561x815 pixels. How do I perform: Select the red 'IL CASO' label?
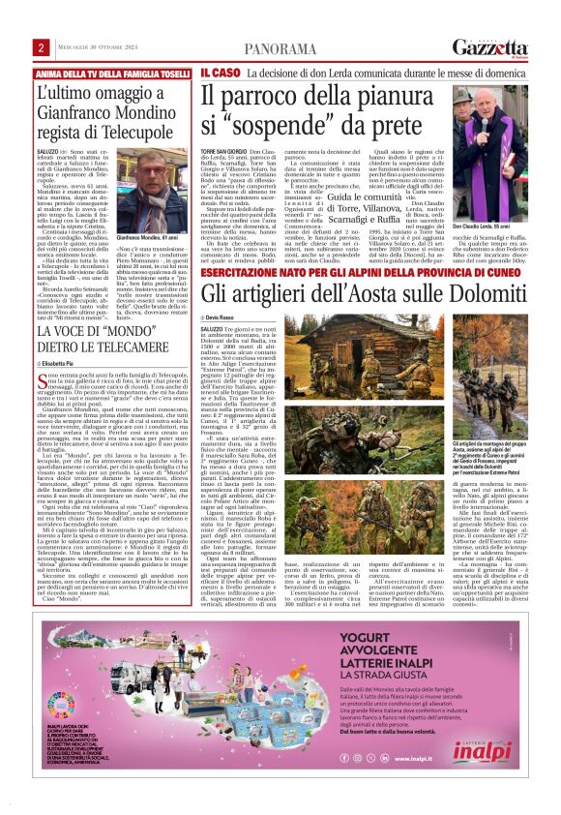tap(221, 73)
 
